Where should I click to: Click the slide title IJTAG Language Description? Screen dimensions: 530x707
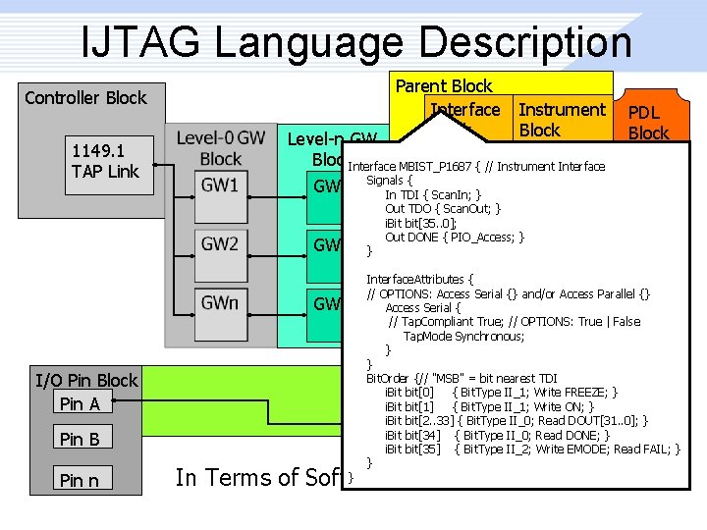click(x=356, y=41)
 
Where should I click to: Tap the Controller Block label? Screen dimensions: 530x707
click(x=85, y=97)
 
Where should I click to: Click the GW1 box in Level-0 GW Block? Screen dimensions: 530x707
click(x=220, y=185)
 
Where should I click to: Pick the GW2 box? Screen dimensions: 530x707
click(x=220, y=243)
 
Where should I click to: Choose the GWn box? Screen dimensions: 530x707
click(x=220, y=302)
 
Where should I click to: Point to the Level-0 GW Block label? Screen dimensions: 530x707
click(x=220, y=148)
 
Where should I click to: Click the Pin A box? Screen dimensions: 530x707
click(x=80, y=403)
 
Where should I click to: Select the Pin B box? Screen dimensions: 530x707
click(x=80, y=439)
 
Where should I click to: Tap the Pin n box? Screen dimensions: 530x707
click(x=80, y=480)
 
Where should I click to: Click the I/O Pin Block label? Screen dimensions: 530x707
click(x=86, y=381)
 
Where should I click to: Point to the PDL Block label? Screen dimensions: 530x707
click(x=648, y=123)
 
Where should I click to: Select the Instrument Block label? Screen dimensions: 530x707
click(x=562, y=120)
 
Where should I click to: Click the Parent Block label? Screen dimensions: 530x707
click(x=444, y=86)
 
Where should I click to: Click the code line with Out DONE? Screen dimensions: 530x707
click(x=455, y=237)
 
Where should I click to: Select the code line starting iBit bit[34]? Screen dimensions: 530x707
click(x=497, y=435)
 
